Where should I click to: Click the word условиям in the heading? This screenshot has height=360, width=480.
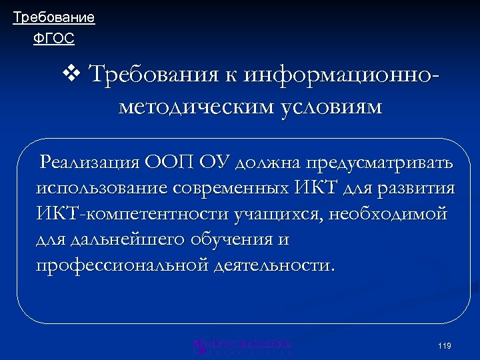tap(326, 107)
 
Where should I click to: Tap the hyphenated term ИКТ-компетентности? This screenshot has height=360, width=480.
tap(133, 214)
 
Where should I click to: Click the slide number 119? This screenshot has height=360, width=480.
tap(445, 345)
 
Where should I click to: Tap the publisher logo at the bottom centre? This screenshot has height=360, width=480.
tap(242, 345)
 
